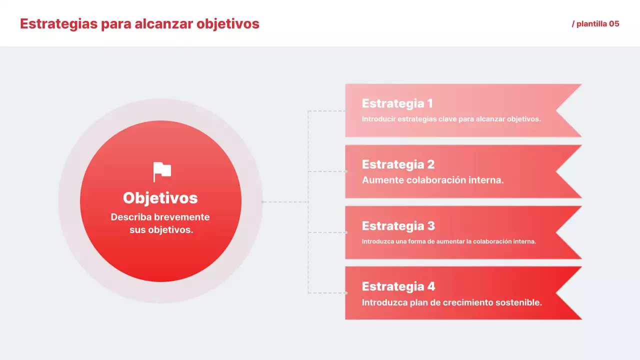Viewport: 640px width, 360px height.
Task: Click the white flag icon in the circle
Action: (162, 172)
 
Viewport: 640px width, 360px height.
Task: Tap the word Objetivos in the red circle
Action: (160, 198)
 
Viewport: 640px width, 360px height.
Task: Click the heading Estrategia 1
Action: (397, 103)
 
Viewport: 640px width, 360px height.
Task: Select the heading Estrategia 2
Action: (398, 164)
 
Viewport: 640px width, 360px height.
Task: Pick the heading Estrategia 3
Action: (398, 226)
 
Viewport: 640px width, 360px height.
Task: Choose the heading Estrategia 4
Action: (398, 286)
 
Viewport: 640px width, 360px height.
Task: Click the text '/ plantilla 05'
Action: (595, 24)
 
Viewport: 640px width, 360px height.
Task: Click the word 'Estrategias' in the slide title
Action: (58, 24)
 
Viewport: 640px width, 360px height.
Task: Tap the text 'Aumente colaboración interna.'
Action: (432, 180)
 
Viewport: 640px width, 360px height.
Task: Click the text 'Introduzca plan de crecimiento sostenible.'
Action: (451, 302)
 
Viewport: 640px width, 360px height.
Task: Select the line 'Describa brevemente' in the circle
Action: (160, 217)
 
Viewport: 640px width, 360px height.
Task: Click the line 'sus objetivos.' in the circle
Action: (161, 230)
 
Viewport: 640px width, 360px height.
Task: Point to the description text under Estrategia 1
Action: (451, 119)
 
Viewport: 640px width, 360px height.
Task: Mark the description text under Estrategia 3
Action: (448, 241)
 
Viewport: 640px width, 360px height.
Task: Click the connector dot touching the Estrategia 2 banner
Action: (345, 171)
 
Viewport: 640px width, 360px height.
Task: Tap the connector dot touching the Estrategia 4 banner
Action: (345, 293)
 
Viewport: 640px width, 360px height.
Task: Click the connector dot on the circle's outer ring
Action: (262, 202)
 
